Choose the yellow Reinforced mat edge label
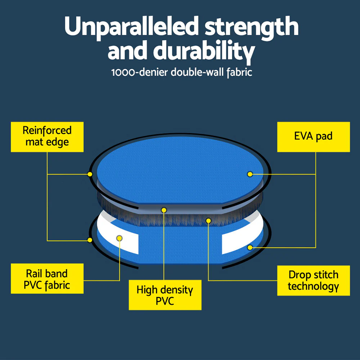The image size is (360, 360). point(47,136)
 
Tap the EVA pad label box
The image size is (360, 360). point(313,136)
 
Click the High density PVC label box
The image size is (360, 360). point(165,295)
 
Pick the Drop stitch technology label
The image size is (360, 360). point(313,280)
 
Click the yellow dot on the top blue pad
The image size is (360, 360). point(249,174)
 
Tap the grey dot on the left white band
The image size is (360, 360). point(120,238)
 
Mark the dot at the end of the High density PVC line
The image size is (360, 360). point(164,210)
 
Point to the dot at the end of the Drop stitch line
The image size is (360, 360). point(208,220)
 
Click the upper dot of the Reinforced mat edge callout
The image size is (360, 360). point(90,174)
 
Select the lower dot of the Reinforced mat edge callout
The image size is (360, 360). point(90,240)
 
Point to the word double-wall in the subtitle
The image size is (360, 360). point(198,72)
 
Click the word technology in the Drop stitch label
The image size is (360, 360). point(313,287)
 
